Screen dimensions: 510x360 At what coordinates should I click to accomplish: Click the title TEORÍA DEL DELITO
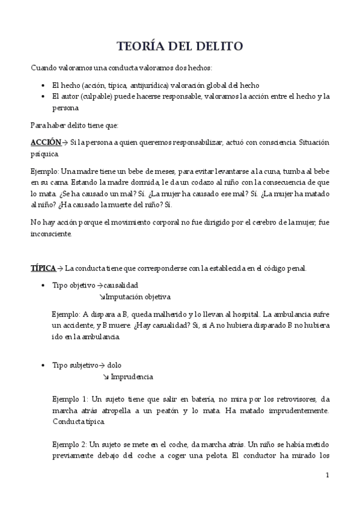click(x=180, y=46)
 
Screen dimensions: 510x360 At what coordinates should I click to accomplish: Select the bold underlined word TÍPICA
click(x=43, y=268)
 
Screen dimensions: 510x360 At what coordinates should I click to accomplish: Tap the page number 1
click(x=327, y=475)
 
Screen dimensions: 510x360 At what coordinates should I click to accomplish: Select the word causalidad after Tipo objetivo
click(x=121, y=284)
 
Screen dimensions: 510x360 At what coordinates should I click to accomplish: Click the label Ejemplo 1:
click(x=70, y=399)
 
